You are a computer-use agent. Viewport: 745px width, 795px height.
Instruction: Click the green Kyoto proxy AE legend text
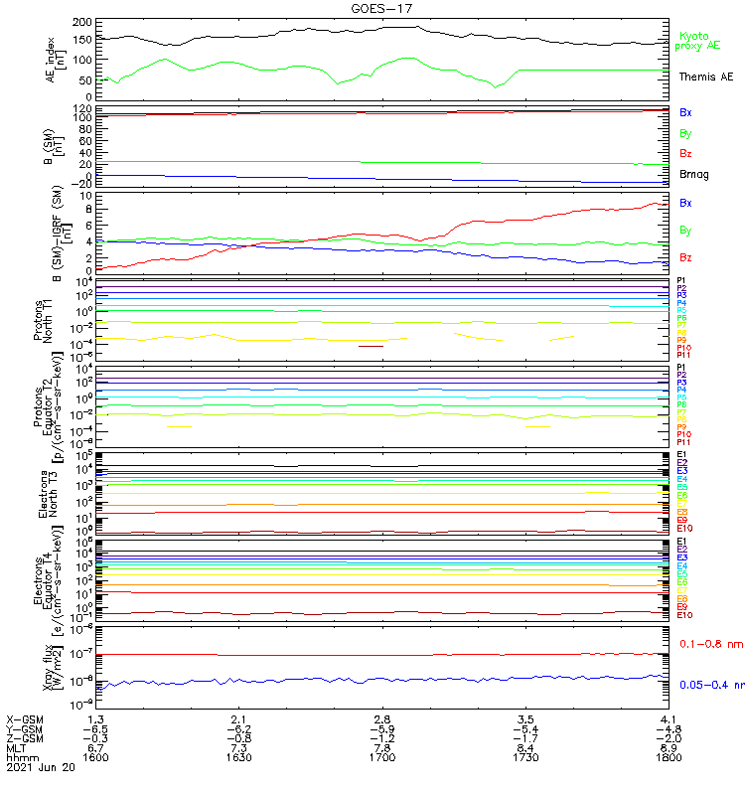(697, 41)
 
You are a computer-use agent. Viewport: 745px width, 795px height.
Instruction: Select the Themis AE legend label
(706, 77)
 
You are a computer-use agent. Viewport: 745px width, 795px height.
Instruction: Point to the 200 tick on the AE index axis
(82, 22)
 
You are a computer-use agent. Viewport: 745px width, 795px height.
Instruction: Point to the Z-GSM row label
(25, 737)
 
